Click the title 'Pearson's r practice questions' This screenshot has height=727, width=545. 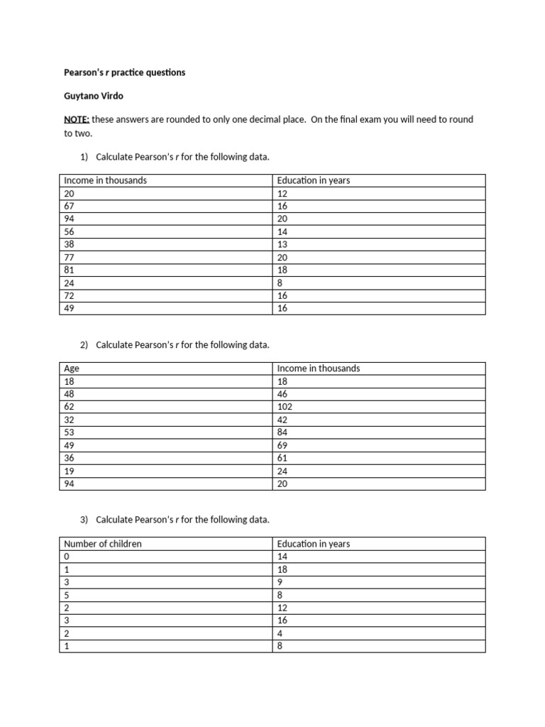tap(124, 72)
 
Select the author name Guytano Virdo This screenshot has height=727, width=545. tap(94, 96)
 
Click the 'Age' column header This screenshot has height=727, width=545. tap(71, 368)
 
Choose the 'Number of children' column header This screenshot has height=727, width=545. tap(103, 544)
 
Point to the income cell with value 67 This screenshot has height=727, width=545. tap(70, 206)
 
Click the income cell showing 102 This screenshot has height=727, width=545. tap(285, 407)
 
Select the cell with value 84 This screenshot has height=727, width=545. tap(282, 432)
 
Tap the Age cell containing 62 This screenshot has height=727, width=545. tap(70, 407)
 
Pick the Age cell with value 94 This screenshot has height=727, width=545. tap(70, 483)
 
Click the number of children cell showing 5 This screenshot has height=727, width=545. tap(67, 595)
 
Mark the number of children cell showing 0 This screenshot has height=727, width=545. tap(67, 557)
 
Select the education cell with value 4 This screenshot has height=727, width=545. tap(280, 633)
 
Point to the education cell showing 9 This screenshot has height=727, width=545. tap(280, 582)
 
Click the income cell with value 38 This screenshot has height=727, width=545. tap(70, 244)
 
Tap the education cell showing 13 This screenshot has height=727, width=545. tap(282, 244)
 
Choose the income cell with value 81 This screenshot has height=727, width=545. tap(70, 270)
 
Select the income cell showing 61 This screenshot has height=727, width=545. tap(282, 458)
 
